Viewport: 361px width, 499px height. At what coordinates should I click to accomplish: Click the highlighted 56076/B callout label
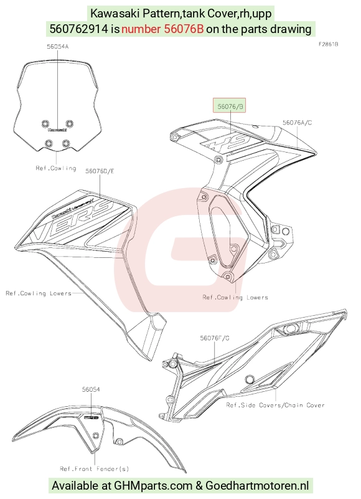click(x=229, y=106)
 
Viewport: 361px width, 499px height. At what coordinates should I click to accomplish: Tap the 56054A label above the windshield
click(x=57, y=47)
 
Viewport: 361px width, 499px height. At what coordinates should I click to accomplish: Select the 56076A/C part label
click(x=297, y=123)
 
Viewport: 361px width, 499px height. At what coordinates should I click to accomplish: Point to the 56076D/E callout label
click(x=100, y=171)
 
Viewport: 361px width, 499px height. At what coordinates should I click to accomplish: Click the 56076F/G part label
click(x=214, y=338)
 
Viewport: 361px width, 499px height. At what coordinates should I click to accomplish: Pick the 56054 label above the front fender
click(x=91, y=389)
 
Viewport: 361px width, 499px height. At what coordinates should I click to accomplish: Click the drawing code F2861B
click(x=328, y=44)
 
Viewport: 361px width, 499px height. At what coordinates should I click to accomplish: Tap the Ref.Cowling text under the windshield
click(x=56, y=168)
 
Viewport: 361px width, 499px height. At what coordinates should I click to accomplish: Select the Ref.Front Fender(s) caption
click(x=95, y=468)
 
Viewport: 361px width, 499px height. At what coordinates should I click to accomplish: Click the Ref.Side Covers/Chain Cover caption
click(x=276, y=405)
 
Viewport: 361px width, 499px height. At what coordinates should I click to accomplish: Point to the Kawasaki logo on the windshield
click(x=57, y=130)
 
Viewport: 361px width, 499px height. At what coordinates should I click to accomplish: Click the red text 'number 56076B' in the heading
click(x=162, y=29)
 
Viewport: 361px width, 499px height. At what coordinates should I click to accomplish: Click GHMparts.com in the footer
click(x=153, y=486)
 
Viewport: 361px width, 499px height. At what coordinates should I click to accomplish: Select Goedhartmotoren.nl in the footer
click(x=257, y=486)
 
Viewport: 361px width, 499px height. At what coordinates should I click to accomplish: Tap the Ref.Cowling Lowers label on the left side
click(x=39, y=293)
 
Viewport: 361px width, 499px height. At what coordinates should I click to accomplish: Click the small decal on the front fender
click(x=91, y=417)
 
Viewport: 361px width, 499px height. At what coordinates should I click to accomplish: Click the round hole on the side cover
click(x=250, y=379)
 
